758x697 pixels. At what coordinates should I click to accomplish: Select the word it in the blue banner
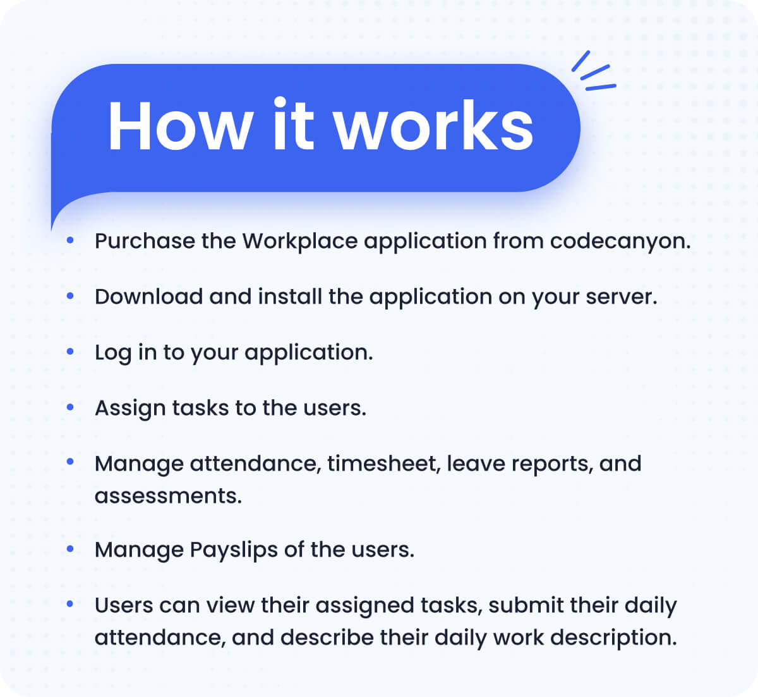[x=293, y=124]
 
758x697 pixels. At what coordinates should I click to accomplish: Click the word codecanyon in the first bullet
[x=620, y=241]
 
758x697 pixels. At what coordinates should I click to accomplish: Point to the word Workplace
[x=300, y=241]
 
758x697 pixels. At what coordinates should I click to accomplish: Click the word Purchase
[x=145, y=241]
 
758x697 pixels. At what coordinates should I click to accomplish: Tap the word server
[x=622, y=297]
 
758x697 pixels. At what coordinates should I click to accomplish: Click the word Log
[x=113, y=354]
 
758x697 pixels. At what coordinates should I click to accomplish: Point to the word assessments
[x=168, y=497]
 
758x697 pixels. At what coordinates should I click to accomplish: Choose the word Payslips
[x=234, y=550]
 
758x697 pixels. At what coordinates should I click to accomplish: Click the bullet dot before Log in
[x=70, y=352]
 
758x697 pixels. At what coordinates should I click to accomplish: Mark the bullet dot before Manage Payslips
[x=70, y=549]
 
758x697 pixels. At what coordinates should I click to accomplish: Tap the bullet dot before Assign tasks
[x=70, y=407]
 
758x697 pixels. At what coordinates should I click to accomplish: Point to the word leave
[x=476, y=464]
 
